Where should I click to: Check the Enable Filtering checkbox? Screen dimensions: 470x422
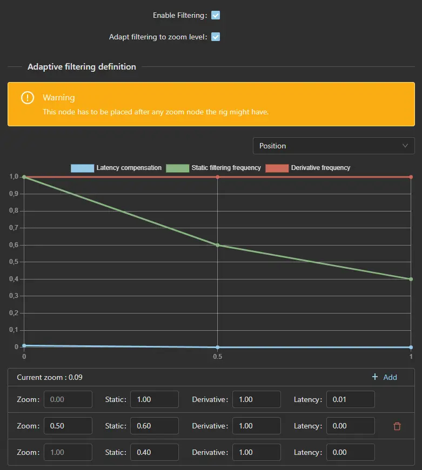[x=216, y=16]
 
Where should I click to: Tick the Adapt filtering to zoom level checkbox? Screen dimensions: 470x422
[x=216, y=37]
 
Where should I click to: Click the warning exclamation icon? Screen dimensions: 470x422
[x=28, y=98]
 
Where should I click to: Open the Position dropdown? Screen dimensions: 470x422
[x=333, y=146]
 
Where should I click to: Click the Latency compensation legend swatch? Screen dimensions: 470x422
[x=82, y=168]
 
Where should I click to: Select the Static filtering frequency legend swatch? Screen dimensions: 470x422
[x=177, y=168]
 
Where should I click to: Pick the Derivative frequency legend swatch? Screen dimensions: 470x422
[x=277, y=168]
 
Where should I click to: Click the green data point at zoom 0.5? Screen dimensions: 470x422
[x=217, y=245]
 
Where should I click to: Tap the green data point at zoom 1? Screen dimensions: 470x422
[x=411, y=279]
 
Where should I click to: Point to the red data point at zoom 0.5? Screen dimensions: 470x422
[x=217, y=177]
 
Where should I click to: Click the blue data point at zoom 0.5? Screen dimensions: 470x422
[x=217, y=347]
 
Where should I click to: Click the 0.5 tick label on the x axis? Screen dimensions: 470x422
[x=217, y=357]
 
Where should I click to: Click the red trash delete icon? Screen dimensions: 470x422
[x=397, y=426]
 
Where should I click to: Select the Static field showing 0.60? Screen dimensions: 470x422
[x=154, y=426]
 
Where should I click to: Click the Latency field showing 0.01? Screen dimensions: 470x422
[x=350, y=399]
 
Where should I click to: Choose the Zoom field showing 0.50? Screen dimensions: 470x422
[x=68, y=426]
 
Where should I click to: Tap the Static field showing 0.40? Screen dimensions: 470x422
[x=154, y=452]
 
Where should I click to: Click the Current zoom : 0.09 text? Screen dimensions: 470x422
[x=50, y=377]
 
